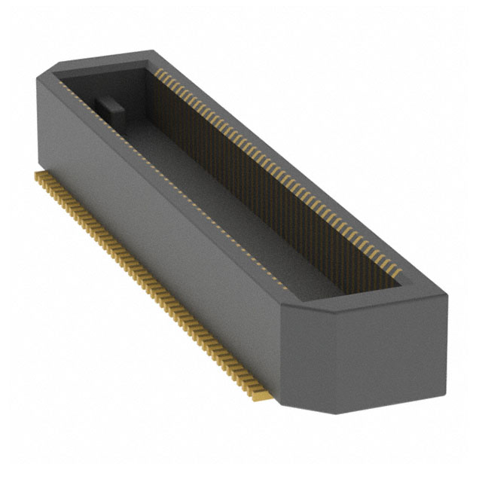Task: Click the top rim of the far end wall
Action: pyautogui.click(x=105, y=59)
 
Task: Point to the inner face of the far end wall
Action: pyautogui.click(x=109, y=83)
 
